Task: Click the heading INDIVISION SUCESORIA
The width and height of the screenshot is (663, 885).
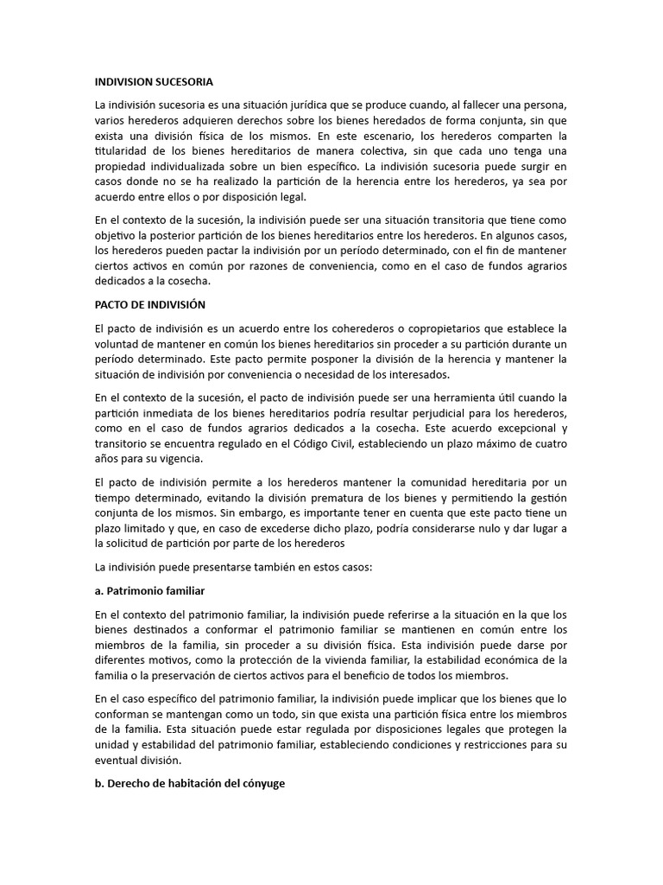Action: pyautogui.click(x=153, y=82)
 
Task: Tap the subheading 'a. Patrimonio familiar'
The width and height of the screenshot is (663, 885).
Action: pyautogui.click(x=149, y=591)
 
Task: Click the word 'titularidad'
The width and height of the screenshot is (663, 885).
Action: pyautogui.click(x=122, y=150)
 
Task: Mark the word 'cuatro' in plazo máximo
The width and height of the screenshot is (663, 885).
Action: pyautogui.click(x=547, y=444)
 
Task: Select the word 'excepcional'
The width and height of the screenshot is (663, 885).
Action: pyautogui.click(x=520, y=429)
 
